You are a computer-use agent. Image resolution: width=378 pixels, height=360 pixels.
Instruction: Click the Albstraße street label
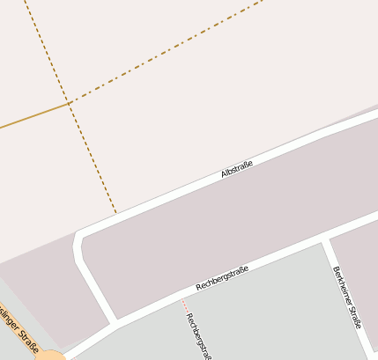tap(237, 169)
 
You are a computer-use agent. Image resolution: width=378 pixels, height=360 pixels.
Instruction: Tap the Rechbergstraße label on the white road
tap(223, 278)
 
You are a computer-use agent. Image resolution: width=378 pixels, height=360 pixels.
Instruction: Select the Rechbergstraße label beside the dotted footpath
tap(199, 335)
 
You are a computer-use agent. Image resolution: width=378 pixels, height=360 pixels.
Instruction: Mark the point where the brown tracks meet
tap(70, 104)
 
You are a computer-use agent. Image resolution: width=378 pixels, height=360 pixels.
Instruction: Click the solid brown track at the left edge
tap(26, 118)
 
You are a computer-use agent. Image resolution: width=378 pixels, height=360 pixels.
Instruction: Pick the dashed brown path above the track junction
tap(48, 53)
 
